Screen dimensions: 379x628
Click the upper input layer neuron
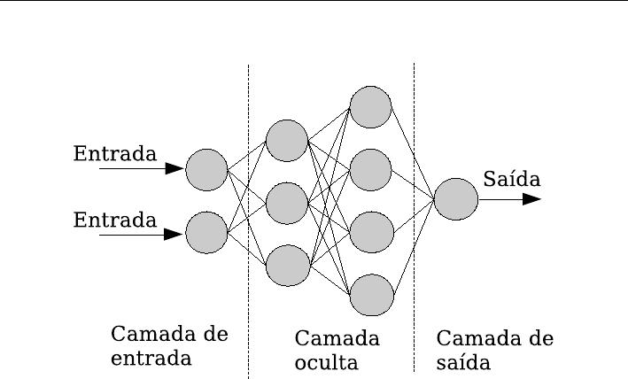coord(206,169)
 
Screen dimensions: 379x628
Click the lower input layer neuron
coord(206,232)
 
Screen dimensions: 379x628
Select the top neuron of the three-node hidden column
coord(287,140)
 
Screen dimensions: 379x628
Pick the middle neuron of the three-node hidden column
coord(287,202)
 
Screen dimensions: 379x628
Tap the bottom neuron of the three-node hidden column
coord(287,265)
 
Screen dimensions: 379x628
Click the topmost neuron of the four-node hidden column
coord(370,107)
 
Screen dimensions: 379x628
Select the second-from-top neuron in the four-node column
coord(370,170)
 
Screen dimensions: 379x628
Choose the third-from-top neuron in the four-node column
coord(370,232)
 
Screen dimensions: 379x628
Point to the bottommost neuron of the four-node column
coord(370,295)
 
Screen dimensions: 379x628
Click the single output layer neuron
coord(455,199)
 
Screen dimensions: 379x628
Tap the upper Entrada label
coord(114,153)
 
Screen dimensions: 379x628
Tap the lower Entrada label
coord(114,219)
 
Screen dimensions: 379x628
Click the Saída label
coord(511,179)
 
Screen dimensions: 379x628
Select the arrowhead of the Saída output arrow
coord(531,199)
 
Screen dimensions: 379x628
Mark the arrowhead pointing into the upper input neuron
coord(175,169)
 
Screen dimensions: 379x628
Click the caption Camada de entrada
coord(169,346)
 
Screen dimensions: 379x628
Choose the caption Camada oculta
coord(337,350)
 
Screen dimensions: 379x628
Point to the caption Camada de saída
coord(495,350)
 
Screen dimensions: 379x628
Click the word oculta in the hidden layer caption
coord(327,362)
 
